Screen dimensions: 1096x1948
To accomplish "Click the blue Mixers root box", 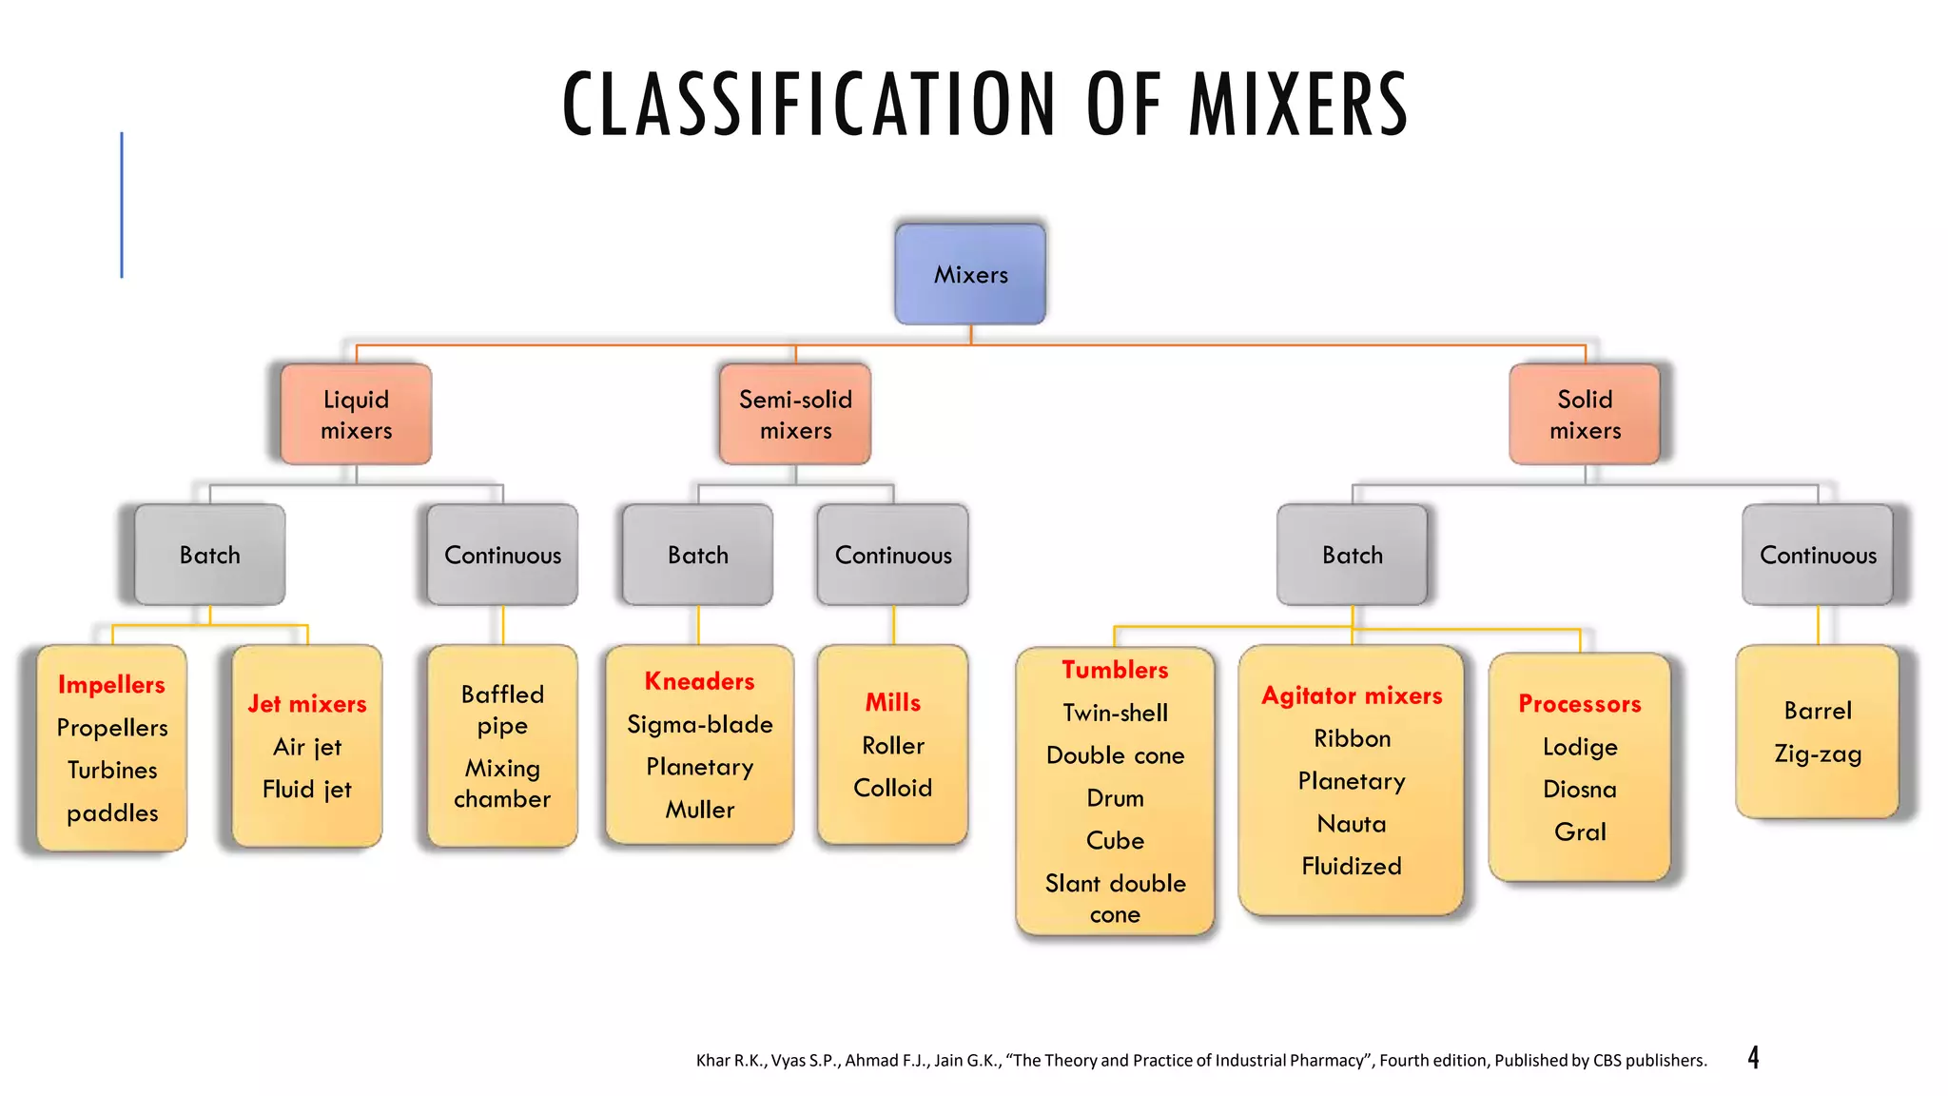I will (x=970, y=275).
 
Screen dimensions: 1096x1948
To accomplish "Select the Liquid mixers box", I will (x=356, y=415).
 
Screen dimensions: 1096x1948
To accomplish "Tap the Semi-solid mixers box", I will (x=795, y=415).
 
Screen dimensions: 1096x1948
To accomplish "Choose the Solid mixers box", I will (x=1585, y=415).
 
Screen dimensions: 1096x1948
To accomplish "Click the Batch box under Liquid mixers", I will (x=210, y=555).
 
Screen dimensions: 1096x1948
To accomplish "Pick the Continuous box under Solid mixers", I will (x=1818, y=555).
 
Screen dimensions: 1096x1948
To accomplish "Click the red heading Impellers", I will (x=111, y=684).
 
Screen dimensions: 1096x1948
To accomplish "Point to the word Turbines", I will (x=112, y=770).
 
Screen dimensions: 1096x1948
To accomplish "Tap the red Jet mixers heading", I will (x=307, y=704).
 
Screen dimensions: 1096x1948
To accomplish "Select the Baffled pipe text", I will (x=502, y=710).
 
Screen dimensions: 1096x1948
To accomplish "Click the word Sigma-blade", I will (x=700, y=725).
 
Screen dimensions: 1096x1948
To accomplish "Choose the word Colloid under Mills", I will (x=892, y=788).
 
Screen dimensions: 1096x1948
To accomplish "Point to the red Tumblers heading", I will (x=1115, y=670).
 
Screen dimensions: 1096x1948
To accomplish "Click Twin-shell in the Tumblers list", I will (x=1115, y=713).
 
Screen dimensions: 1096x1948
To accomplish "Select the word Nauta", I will (x=1352, y=824).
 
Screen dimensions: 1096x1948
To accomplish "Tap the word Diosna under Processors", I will (x=1580, y=790).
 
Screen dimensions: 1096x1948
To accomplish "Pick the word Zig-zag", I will (x=1818, y=754).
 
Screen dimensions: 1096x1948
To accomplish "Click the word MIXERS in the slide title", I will (x=1298, y=105).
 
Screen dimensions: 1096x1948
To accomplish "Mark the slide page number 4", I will (x=1753, y=1058).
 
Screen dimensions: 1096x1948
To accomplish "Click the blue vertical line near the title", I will (x=122, y=205).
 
